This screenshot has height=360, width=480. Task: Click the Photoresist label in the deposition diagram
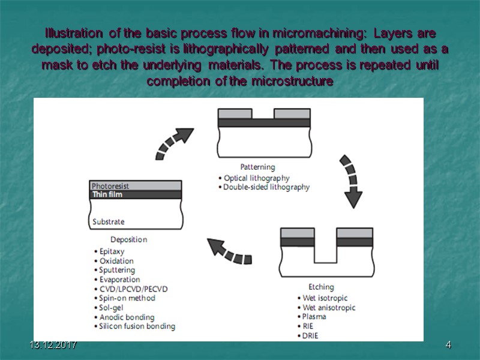coord(110,186)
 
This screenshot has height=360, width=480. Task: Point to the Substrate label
coord(109,222)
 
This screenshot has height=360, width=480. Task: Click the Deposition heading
coord(128,239)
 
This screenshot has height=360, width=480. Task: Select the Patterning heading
coord(257,167)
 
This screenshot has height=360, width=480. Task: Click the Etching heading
coord(321,287)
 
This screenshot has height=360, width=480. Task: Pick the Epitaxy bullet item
coord(113,251)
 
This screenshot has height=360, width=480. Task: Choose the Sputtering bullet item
coord(117,270)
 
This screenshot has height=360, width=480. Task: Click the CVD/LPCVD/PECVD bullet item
coord(133,289)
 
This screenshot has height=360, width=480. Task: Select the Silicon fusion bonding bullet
coord(137,326)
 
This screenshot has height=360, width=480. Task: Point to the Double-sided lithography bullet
coord(266,187)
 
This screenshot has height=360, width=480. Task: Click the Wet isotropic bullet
coord(325,298)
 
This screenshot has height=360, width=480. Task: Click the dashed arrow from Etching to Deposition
coord(229,251)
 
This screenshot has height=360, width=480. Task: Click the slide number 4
coord(448,346)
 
